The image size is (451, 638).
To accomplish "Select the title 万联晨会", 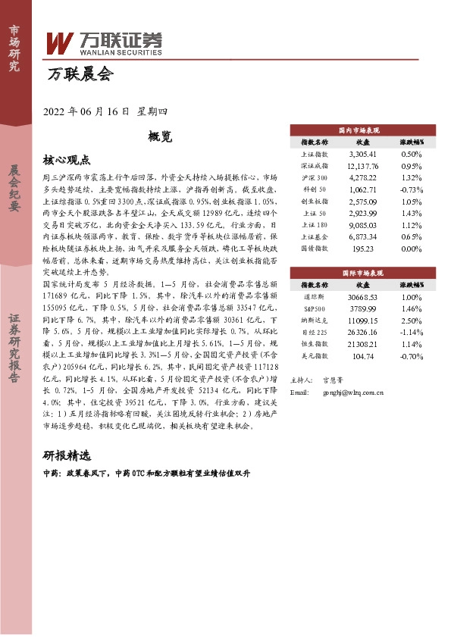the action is pyautogui.click(x=80, y=75).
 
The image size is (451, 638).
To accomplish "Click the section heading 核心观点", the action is pyautogui.click(x=67, y=161).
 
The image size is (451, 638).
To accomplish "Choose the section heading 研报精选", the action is pyautogui.click(x=67, y=456).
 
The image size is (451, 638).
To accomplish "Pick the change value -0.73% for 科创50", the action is pyautogui.click(x=411, y=189).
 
